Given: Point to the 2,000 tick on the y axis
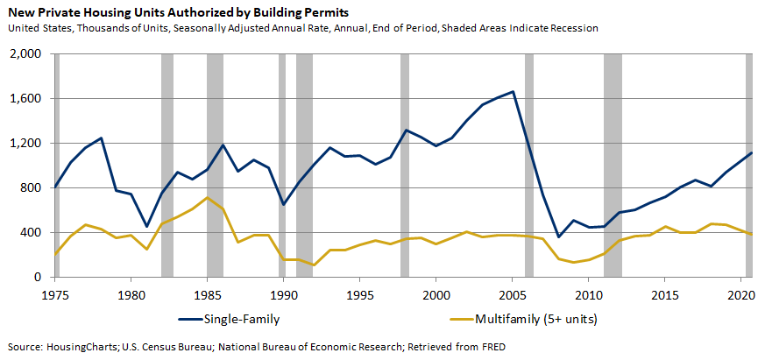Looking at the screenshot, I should click(24, 54).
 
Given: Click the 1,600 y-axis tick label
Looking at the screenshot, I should click(24, 99).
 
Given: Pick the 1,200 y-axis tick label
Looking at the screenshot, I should click(24, 144).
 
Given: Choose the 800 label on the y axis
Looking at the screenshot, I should click(30, 188).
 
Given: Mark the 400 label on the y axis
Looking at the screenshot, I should click(30, 233).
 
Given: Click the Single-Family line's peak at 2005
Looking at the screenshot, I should click(513, 91).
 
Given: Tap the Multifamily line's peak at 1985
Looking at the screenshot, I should click(207, 198).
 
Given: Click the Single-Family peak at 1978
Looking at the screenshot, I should click(101, 138).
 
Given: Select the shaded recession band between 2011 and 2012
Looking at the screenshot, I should click(613, 166).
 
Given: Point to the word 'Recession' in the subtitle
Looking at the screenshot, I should click(571, 28).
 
